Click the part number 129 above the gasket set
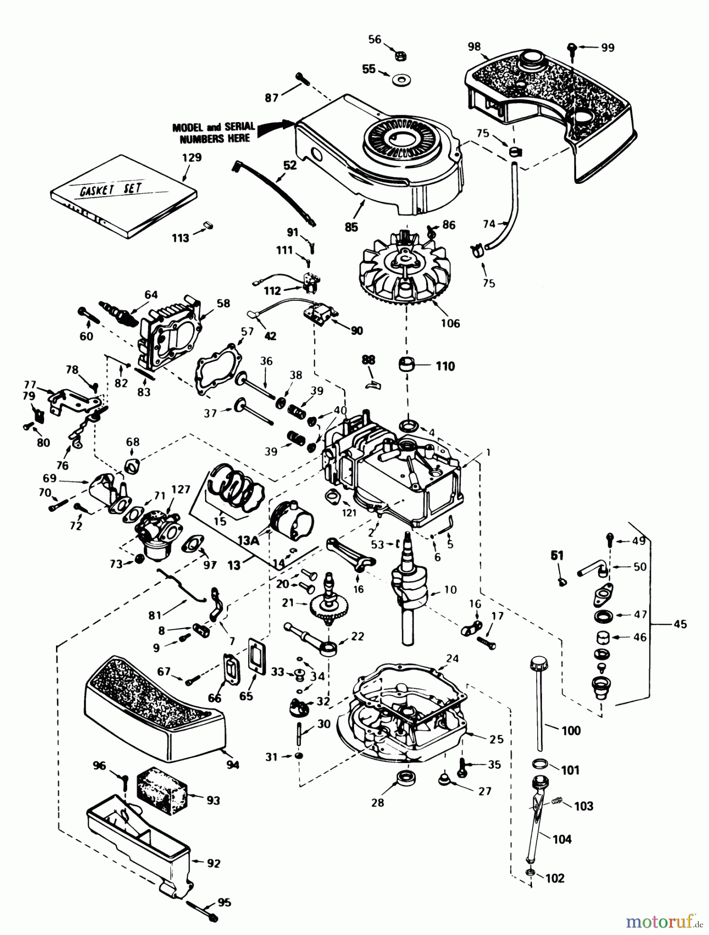(x=192, y=157)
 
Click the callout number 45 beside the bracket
(x=680, y=624)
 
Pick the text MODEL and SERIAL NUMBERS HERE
(x=214, y=132)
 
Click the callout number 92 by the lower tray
(x=213, y=863)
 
